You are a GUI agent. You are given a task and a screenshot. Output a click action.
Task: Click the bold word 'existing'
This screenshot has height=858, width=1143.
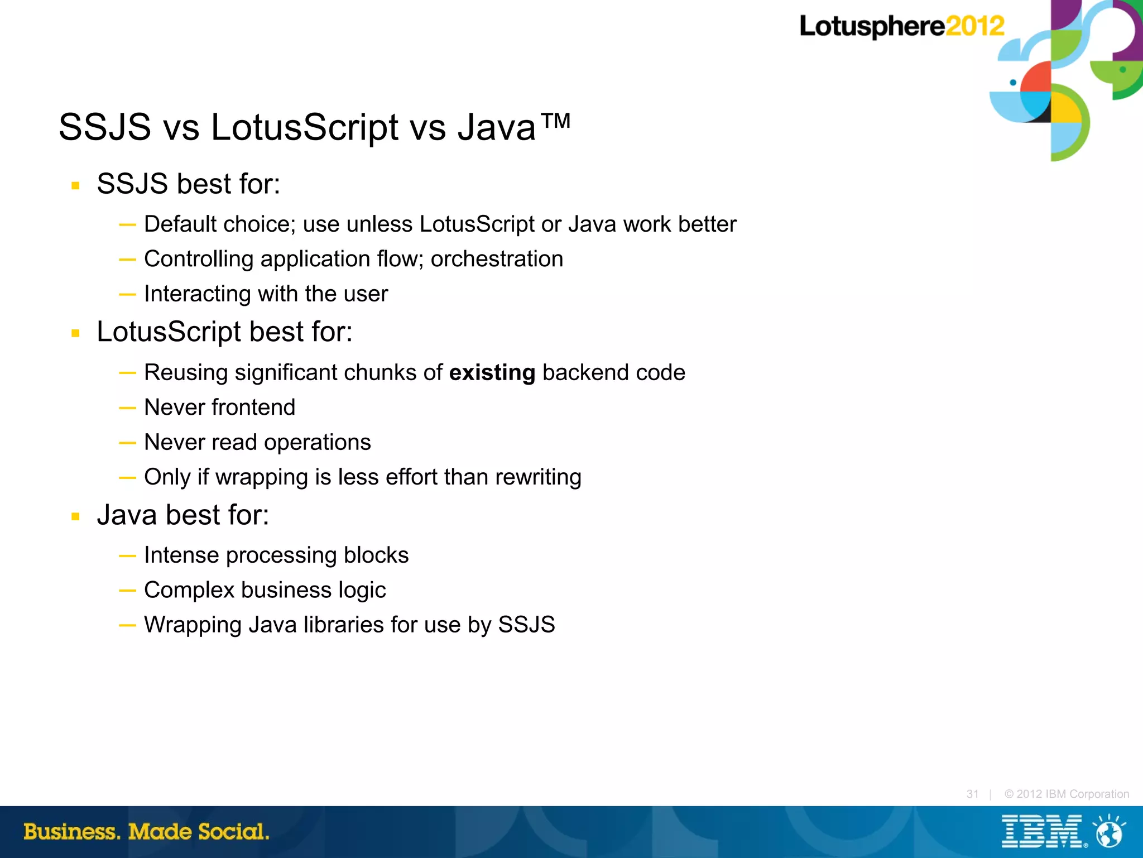click(492, 373)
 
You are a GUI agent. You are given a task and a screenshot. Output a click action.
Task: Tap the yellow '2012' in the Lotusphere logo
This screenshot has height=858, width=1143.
click(974, 26)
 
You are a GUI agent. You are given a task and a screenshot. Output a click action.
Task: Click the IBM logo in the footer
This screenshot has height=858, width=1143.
click(1041, 831)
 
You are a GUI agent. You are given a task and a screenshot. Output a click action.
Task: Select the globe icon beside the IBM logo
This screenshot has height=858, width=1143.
click(1109, 832)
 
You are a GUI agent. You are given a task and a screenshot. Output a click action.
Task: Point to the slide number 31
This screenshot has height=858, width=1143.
click(972, 794)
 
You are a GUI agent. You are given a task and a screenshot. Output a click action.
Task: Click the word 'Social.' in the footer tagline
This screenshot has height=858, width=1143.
click(234, 832)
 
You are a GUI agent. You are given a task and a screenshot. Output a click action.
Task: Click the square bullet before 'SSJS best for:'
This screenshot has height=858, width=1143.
click(76, 185)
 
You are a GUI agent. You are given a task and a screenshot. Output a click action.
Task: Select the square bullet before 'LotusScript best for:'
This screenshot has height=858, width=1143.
click(76, 333)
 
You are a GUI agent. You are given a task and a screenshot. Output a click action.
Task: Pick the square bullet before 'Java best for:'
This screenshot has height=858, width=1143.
click(76, 516)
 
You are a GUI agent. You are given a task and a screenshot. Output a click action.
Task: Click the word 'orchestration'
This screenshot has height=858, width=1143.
click(497, 259)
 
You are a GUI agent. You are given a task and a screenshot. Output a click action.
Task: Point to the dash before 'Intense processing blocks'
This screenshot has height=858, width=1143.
click(127, 556)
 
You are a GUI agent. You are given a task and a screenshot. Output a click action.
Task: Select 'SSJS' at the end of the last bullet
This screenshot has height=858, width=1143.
click(526, 625)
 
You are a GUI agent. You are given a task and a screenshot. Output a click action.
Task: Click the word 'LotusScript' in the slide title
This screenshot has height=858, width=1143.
click(305, 127)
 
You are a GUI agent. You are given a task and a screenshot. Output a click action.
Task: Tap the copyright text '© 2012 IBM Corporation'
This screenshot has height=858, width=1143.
click(1066, 794)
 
